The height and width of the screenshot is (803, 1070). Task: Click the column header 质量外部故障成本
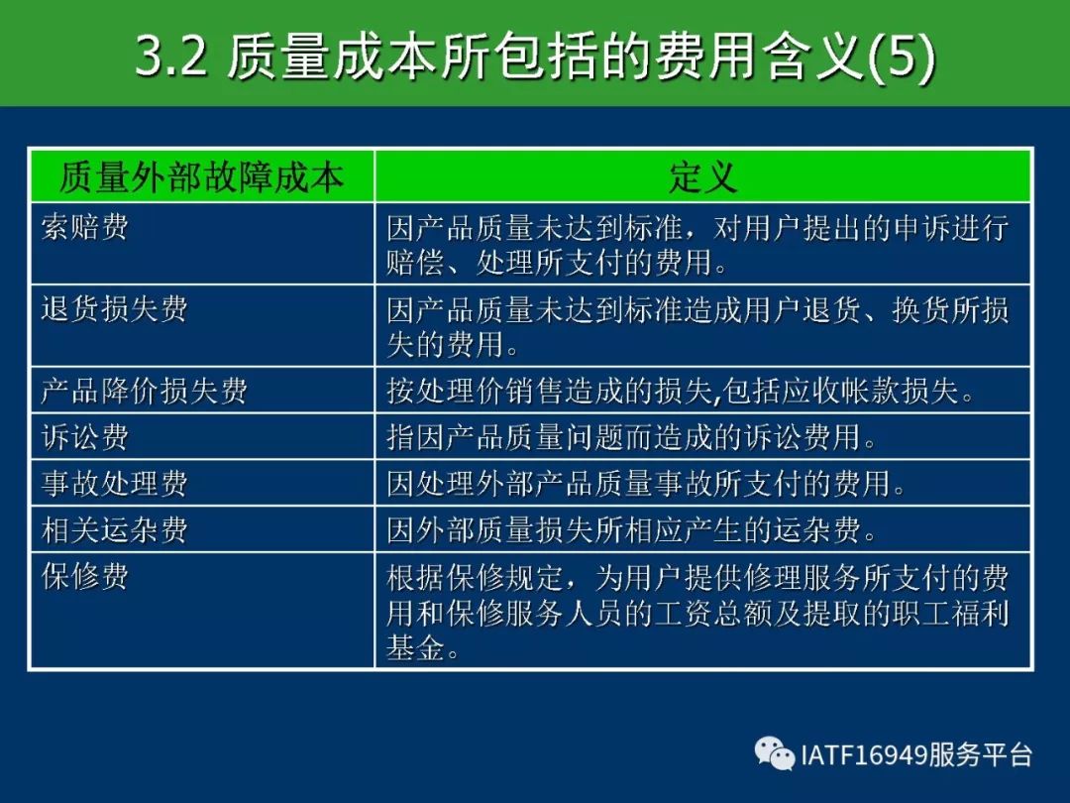pos(202,176)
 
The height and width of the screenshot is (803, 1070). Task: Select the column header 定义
pos(702,176)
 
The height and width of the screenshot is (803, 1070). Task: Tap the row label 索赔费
pos(84,227)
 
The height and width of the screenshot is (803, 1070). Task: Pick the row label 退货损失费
pos(114,308)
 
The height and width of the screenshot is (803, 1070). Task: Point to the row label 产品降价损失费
pos(144,391)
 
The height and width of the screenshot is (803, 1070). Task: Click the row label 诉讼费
pos(84,437)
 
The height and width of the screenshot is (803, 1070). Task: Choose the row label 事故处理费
pos(114,484)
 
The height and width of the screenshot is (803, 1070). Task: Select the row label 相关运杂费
pos(114,529)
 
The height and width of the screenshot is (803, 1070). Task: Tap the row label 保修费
pos(84,576)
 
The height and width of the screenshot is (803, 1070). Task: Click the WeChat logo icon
pos(775,753)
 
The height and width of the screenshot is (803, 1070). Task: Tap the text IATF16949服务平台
pos(916,755)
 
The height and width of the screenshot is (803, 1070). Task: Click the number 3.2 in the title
pos(171,56)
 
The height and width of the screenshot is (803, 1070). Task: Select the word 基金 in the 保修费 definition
pos(415,647)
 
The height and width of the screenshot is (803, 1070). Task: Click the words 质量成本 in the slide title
pos(332,56)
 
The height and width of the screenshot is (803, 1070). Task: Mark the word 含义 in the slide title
pos(813,56)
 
